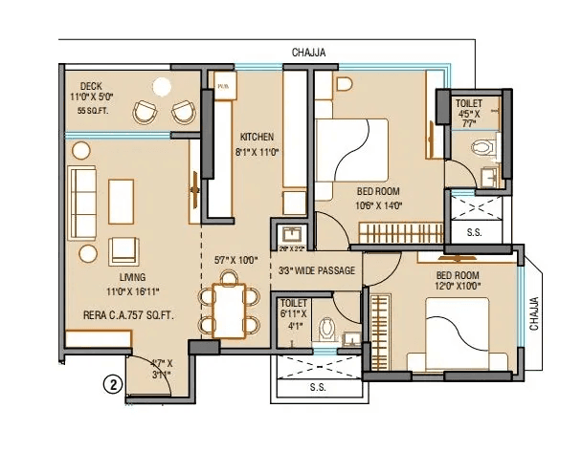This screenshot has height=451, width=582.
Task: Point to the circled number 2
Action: [x=114, y=386]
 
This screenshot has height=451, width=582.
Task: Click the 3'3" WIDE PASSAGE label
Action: [x=317, y=270]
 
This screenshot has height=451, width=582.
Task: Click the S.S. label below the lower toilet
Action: [x=319, y=388]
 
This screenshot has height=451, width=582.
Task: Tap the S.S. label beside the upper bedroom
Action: [x=473, y=231]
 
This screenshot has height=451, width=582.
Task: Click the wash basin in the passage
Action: [x=291, y=234]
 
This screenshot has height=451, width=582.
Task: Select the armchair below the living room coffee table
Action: [x=124, y=250]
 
